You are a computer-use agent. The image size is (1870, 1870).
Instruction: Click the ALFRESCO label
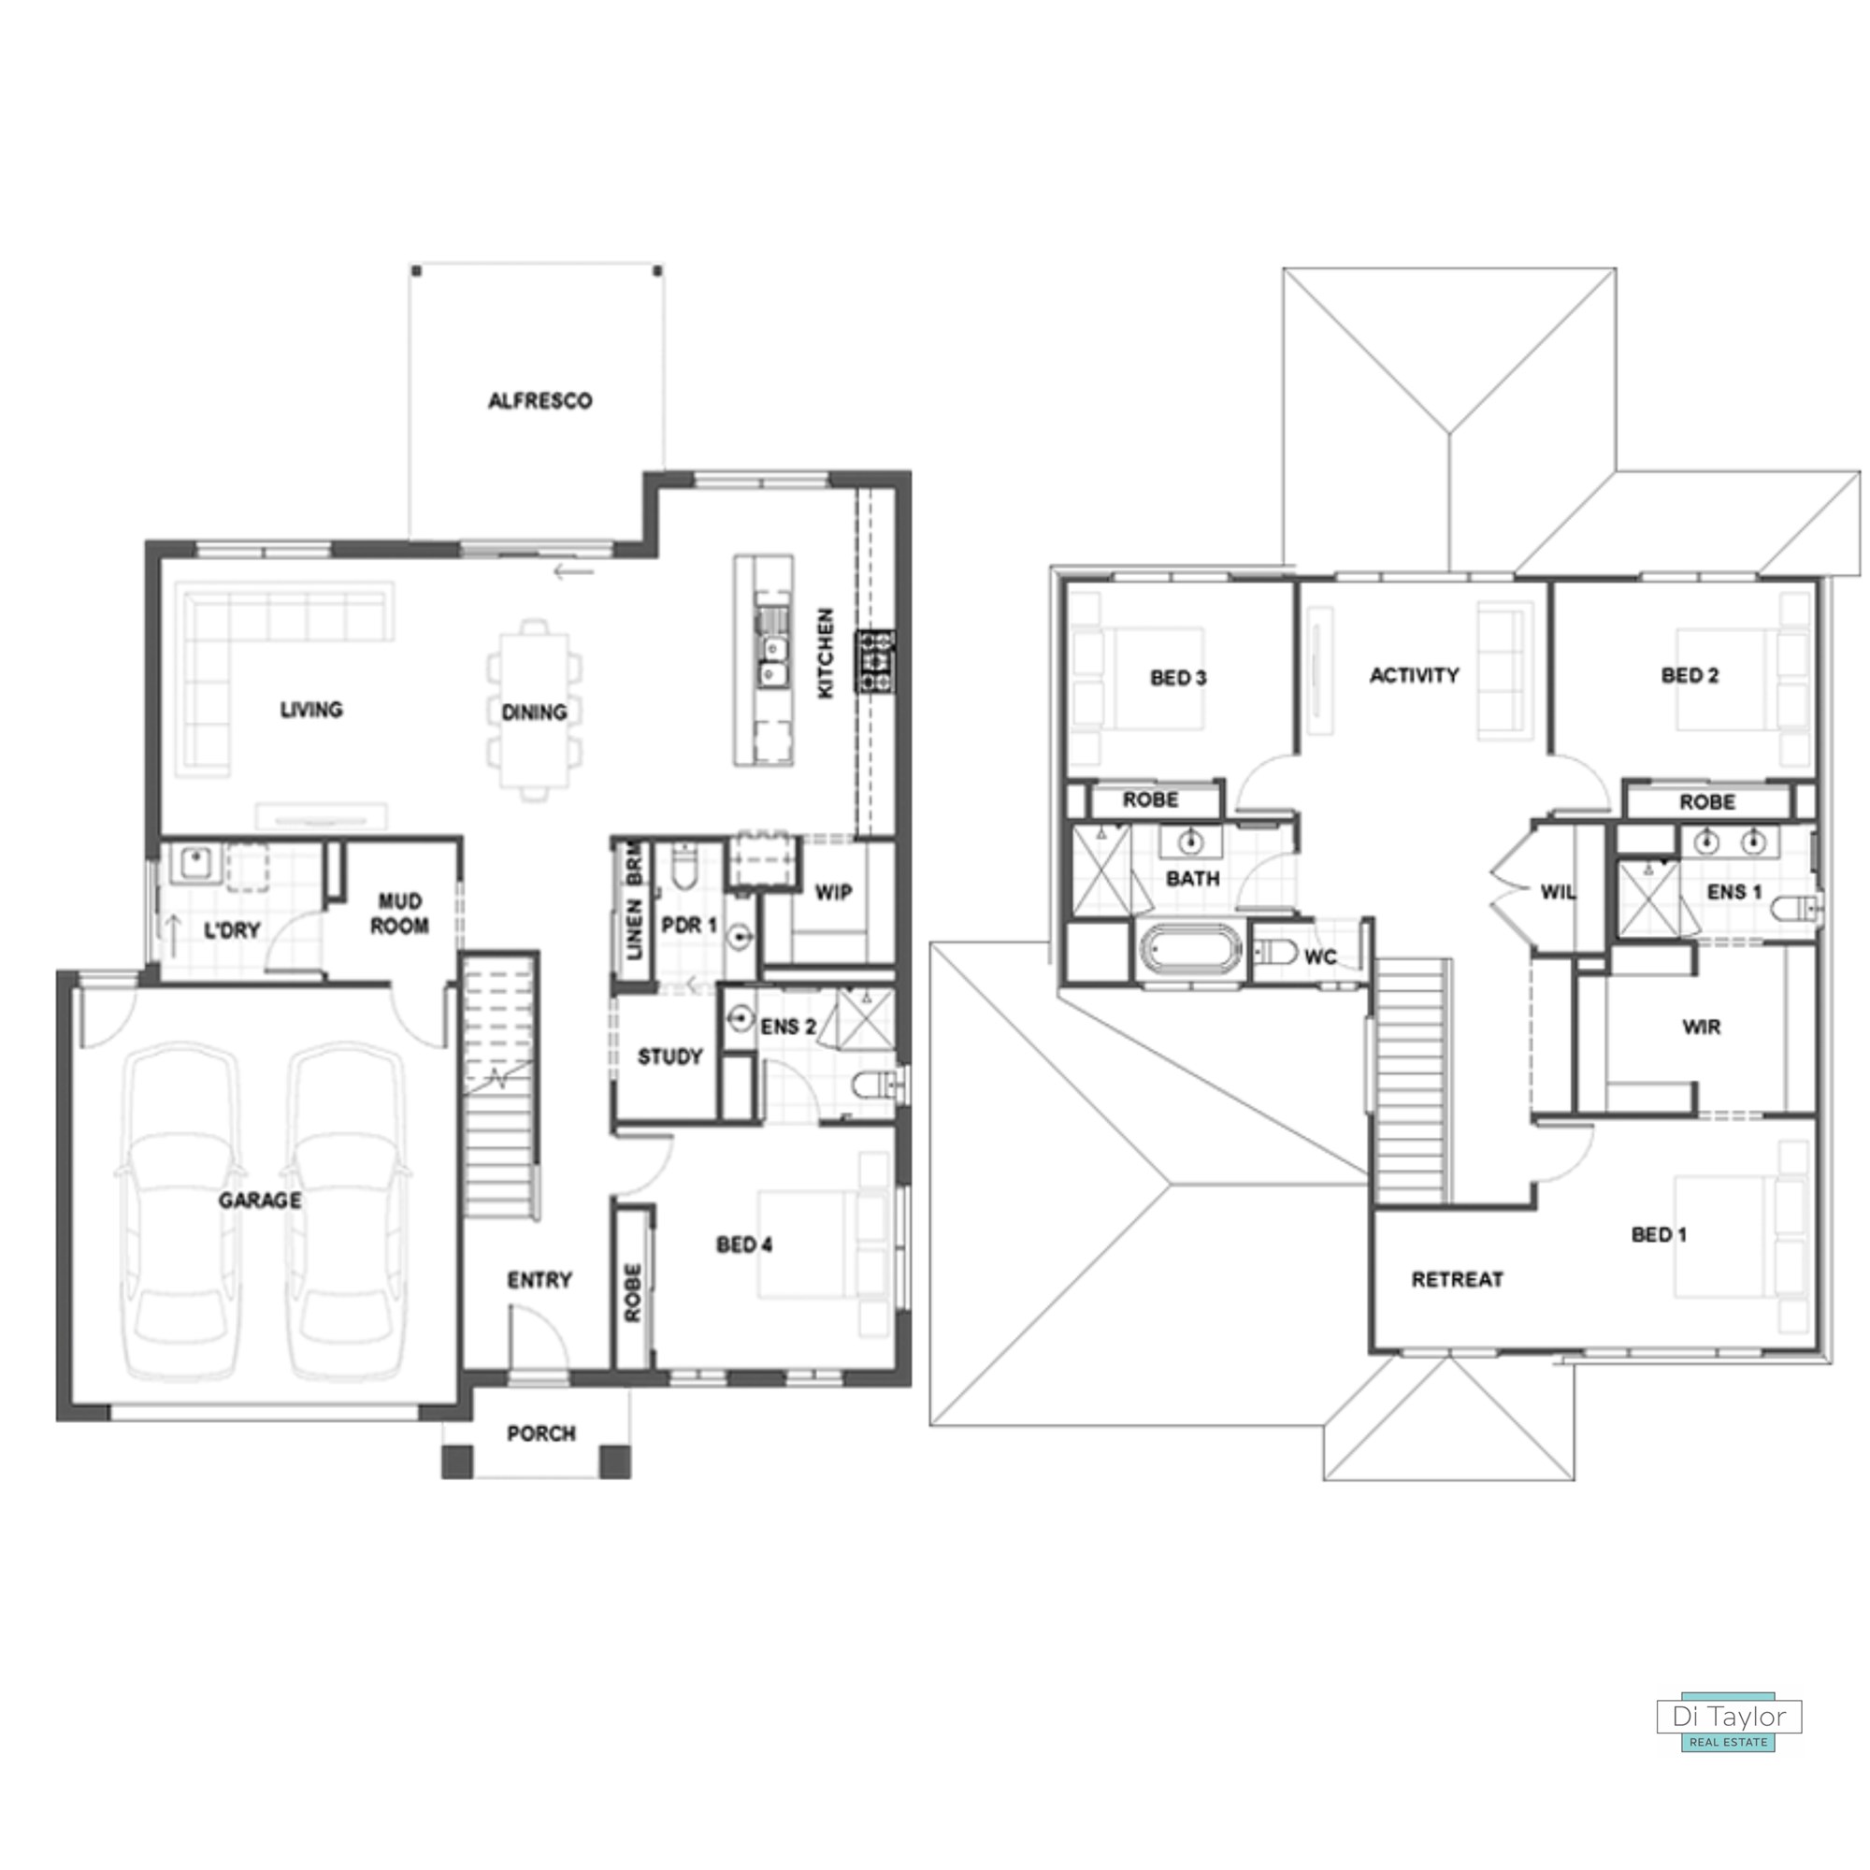(539, 401)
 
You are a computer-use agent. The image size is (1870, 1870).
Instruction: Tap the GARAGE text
(259, 1201)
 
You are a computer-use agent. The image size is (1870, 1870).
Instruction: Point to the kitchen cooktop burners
(874, 660)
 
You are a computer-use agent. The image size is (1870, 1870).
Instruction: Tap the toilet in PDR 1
(684, 867)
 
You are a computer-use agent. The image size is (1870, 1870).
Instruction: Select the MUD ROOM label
(400, 913)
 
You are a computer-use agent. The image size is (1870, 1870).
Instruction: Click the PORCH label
(541, 1433)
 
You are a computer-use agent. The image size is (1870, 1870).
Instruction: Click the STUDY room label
(669, 1057)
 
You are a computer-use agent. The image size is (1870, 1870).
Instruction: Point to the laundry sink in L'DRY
(195, 863)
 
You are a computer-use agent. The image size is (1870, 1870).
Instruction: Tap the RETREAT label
(1457, 1280)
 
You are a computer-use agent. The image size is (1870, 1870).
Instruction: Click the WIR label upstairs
(1702, 1027)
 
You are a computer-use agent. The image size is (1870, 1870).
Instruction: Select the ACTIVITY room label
(1414, 676)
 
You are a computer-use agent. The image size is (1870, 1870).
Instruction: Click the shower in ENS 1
(1649, 899)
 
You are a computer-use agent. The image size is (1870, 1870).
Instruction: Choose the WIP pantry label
(833, 891)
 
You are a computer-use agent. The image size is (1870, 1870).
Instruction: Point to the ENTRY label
(539, 1281)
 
